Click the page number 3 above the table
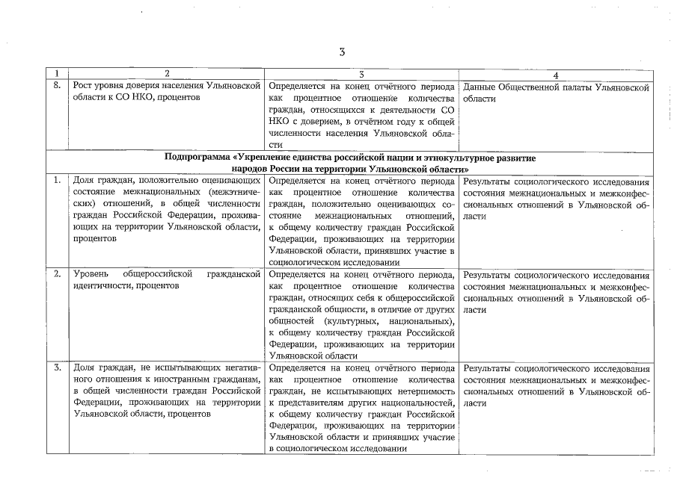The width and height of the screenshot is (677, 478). coord(341,52)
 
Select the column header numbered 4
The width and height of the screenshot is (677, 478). coord(554,75)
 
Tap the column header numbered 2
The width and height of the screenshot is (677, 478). coord(166,75)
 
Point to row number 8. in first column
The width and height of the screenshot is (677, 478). coord(56,87)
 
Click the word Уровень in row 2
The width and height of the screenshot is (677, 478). coord(91,274)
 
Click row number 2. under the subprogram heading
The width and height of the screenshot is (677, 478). coord(57,274)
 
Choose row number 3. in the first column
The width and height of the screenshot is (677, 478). coord(57,367)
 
